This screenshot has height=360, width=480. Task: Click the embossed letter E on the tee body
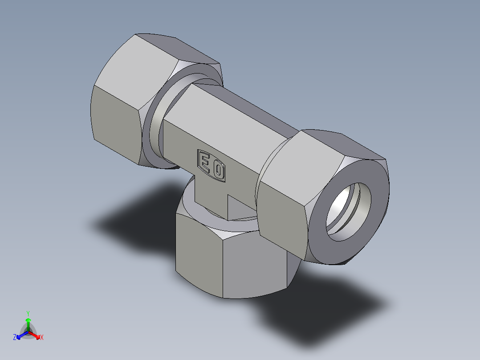(x=205, y=161)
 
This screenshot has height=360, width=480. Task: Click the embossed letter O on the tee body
(x=218, y=170)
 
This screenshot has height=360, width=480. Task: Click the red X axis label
(x=42, y=338)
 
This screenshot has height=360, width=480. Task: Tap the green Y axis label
(x=28, y=313)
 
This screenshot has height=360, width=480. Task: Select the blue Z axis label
(x=15, y=338)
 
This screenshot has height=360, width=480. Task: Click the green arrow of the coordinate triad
(x=28, y=322)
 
